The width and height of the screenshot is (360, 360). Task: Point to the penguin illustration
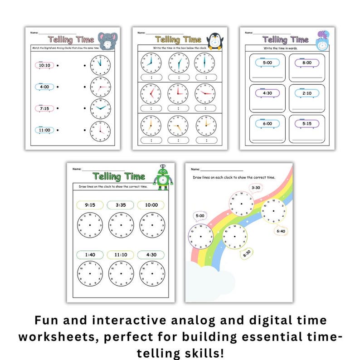214,41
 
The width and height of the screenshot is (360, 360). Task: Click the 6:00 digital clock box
268,123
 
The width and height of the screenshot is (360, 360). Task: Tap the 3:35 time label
121,204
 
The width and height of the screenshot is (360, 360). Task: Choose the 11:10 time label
121,254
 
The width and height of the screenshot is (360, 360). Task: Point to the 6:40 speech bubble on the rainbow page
280,231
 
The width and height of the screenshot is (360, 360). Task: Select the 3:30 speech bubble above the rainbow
256,188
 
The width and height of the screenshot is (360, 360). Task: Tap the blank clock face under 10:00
151,225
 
